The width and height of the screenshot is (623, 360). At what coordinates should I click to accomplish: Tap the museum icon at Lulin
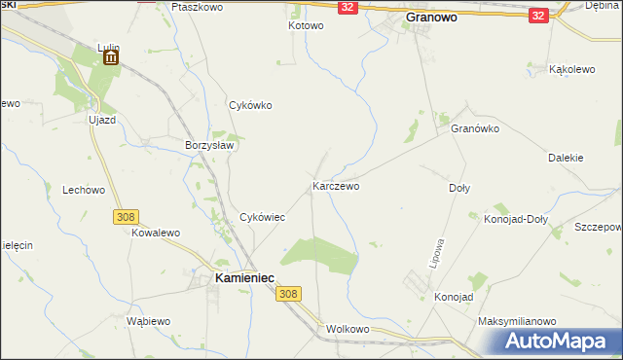tap(110, 58)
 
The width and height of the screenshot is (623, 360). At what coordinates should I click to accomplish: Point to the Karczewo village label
tap(336, 185)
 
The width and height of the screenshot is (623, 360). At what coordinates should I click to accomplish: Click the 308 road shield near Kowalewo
tap(125, 217)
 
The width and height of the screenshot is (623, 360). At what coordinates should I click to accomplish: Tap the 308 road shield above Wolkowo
tap(287, 293)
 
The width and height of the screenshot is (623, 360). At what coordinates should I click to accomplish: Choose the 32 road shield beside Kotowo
tap(348, 7)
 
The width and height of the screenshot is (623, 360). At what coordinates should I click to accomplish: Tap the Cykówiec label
tap(262, 217)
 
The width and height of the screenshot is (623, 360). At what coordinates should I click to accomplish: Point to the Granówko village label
tap(474, 127)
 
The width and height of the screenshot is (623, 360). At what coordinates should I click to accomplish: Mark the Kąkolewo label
tap(572, 70)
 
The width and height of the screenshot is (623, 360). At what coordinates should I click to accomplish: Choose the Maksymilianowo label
tap(516, 320)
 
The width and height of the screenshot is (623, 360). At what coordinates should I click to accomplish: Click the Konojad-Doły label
tap(516, 219)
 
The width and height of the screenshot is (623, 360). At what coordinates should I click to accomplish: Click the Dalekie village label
tap(566, 157)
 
